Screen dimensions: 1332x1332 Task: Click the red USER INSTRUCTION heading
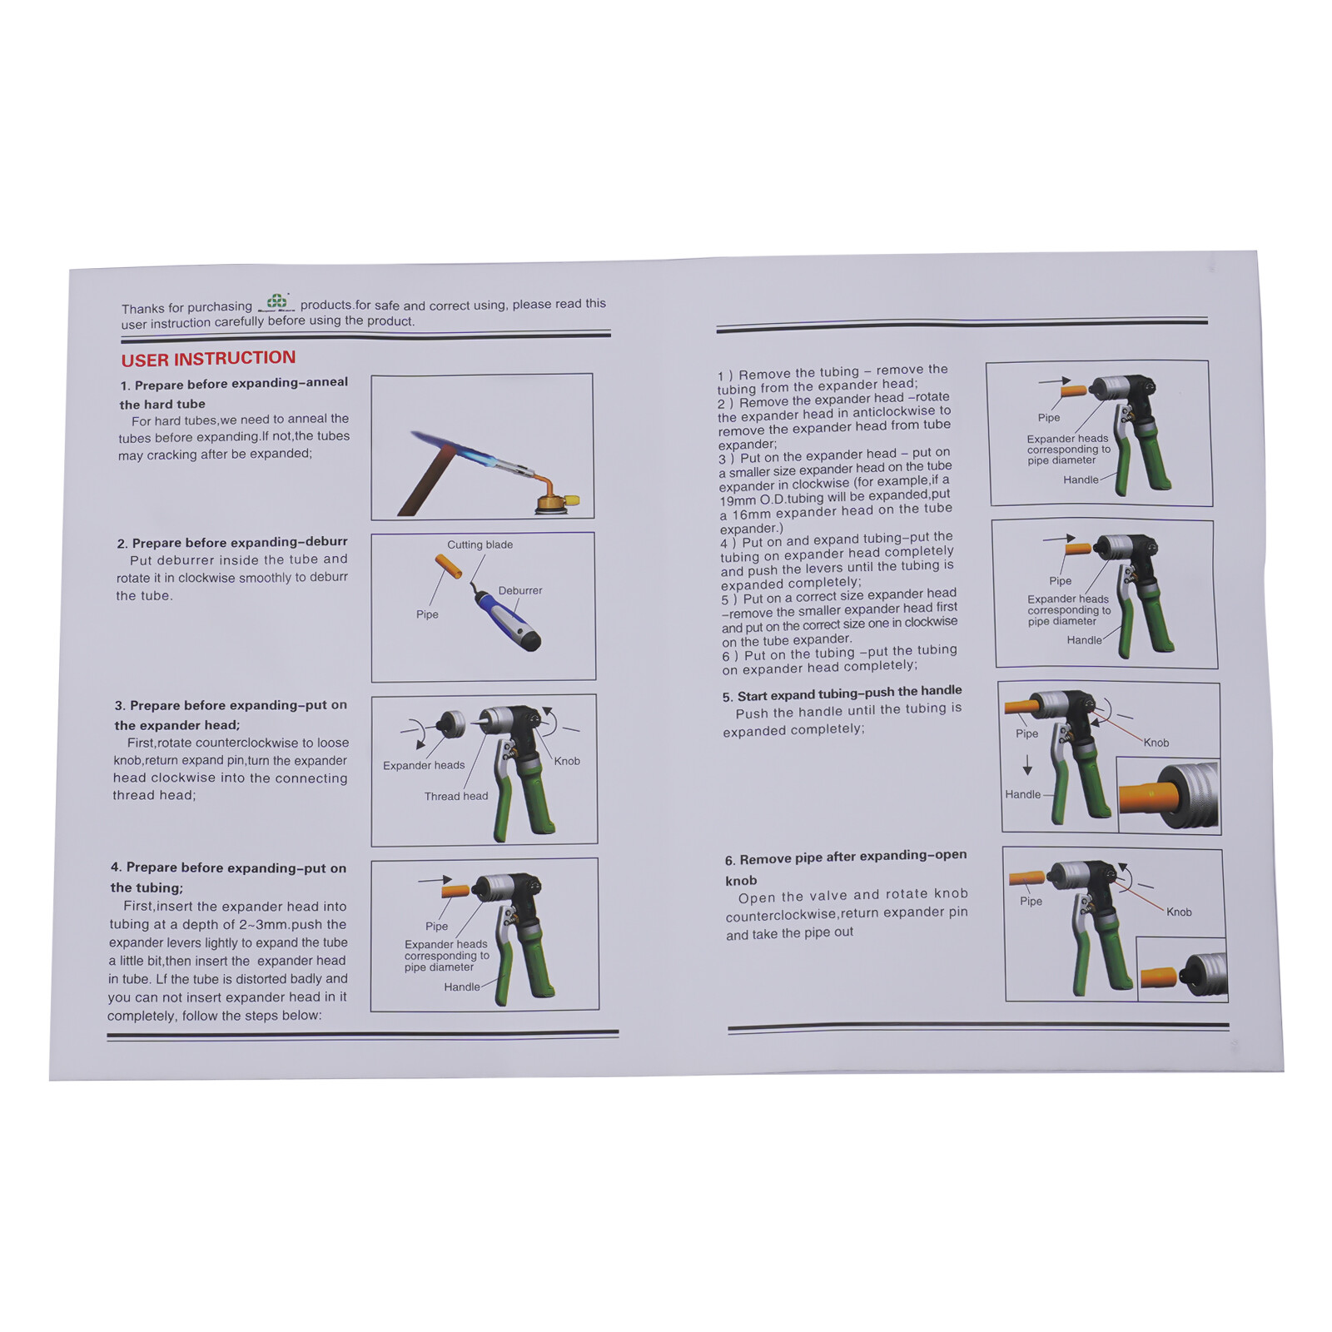[x=208, y=359]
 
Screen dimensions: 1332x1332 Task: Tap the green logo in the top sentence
[x=276, y=302]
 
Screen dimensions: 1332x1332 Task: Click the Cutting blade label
[x=480, y=544]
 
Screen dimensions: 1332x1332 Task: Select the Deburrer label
[x=520, y=590]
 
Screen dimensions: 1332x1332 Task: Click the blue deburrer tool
[x=507, y=619]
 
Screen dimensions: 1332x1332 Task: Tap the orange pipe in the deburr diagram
[x=449, y=566]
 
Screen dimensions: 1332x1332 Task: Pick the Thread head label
[x=456, y=796]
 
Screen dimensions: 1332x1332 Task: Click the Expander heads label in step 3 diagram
[x=424, y=765]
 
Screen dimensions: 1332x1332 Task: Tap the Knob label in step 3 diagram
[x=567, y=761]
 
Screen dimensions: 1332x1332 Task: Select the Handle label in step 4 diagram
[x=462, y=987]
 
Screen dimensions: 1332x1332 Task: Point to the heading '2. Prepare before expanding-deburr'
[x=232, y=542]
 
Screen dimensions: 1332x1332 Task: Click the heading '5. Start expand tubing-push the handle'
[x=842, y=693]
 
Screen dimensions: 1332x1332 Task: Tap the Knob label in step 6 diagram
[x=1179, y=912]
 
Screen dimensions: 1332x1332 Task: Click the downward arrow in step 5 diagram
[x=1027, y=764]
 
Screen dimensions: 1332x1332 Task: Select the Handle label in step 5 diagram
[x=1023, y=794]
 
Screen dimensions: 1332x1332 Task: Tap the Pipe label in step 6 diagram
[x=1031, y=901]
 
